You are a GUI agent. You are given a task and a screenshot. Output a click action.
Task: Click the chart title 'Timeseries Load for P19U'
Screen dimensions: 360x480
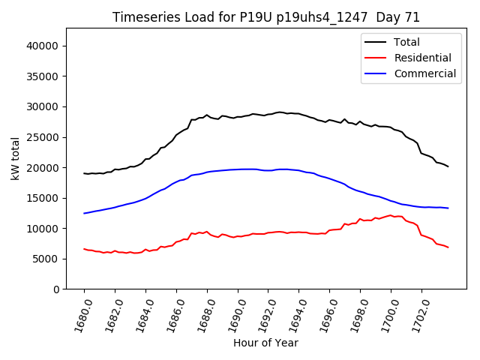click(x=266, y=17)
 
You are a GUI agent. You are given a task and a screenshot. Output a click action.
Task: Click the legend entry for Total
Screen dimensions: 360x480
click(x=406, y=42)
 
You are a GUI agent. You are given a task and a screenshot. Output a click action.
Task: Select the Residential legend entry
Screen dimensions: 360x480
click(x=422, y=58)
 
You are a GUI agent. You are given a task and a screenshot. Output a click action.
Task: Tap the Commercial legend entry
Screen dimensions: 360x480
click(x=424, y=73)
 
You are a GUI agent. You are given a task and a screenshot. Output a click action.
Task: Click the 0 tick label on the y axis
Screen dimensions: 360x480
click(x=56, y=289)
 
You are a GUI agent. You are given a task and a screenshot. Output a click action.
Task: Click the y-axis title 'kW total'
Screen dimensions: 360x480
click(x=15, y=158)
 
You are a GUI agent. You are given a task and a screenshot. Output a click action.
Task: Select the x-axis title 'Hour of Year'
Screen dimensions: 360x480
click(x=265, y=343)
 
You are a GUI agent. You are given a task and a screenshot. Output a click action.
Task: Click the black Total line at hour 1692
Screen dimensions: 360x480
click(x=268, y=114)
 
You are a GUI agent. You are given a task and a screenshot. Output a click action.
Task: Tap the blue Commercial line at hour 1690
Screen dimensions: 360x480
click(x=238, y=169)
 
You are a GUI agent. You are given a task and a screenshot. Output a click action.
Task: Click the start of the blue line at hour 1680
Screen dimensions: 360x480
click(x=84, y=213)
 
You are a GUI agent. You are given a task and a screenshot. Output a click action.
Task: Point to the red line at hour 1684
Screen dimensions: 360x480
click(x=145, y=249)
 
